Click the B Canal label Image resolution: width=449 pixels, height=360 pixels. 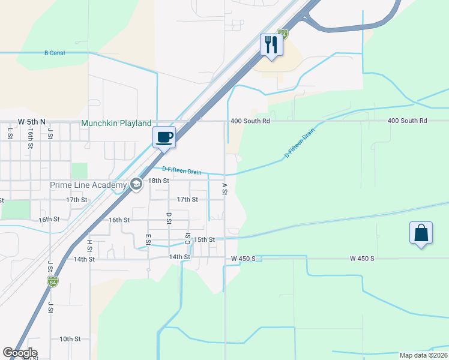pos(55,53)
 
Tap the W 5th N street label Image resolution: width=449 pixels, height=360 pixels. pos(31,121)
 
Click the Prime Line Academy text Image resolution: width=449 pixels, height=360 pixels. pos(88,185)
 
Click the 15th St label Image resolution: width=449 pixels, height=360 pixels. pos(204,239)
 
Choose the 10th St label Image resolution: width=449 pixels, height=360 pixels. pos(70,339)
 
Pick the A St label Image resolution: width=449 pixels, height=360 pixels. pos(224,189)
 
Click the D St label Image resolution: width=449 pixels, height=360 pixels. pos(169,218)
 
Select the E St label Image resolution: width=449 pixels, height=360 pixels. pos(148,239)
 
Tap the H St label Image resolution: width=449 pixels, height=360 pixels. pos(89,245)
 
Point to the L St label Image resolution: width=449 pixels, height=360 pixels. pos(10,133)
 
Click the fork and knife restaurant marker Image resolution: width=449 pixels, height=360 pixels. pos(271,45)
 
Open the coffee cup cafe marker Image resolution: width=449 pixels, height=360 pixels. pos(164,137)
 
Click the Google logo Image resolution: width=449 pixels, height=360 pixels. pos(20,353)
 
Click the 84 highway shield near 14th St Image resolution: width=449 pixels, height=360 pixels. pos(53,281)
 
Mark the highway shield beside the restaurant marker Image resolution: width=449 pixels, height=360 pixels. pos(283,34)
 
